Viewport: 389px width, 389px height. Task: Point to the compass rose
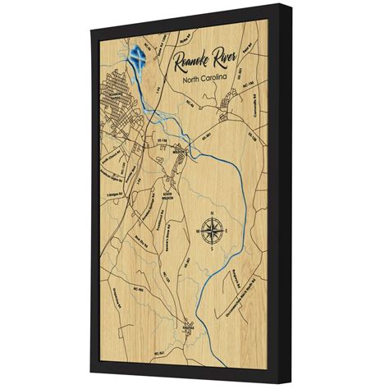[x=213, y=230]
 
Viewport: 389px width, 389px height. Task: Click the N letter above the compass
[x=213, y=213]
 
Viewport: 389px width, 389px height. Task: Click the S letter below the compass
[x=213, y=249]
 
